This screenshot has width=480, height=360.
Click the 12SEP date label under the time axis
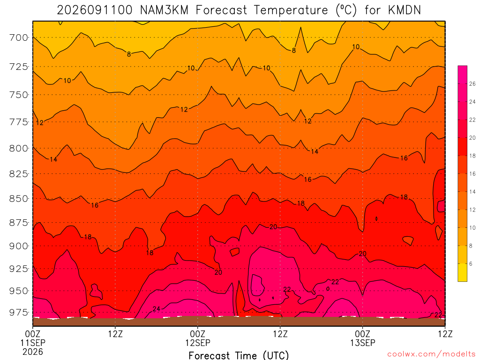pos(198,343)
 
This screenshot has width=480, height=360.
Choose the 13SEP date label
pos(363,343)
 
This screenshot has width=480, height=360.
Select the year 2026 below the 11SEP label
pos(33,352)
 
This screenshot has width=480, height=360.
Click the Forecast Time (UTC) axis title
pos(239,355)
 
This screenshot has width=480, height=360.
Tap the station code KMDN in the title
pos(404,10)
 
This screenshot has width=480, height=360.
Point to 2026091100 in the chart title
pos(95,10)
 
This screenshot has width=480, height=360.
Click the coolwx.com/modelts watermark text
pos(431,354)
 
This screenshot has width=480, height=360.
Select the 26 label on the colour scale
pos(472,84)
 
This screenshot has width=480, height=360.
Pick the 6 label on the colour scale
pos(471,263)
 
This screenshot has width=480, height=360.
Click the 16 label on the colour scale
pos(472,174)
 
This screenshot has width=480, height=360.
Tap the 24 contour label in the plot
pos(157,309)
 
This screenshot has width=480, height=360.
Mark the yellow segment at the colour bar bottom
pos(462,272)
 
